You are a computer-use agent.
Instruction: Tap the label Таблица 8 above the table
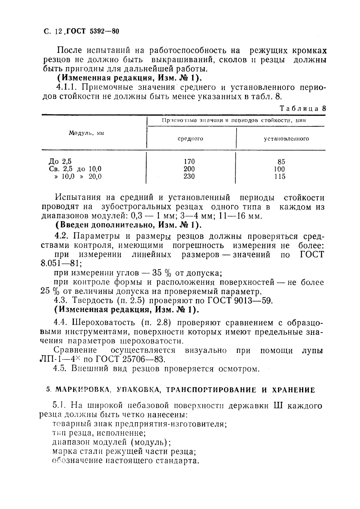[x=302, y=109]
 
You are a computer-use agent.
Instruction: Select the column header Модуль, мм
[x=86, y=133]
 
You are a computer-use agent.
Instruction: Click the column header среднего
[x=190, y=139]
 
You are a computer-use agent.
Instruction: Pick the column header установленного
[x=286, y=139]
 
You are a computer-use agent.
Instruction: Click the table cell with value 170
[x=189, y=162]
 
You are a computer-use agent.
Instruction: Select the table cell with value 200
[x=189, y=169]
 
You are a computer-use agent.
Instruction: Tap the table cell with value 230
[x=189, y=176]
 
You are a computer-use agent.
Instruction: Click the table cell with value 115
[x=279, y=176]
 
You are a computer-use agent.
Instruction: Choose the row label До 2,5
[x=60, y=162]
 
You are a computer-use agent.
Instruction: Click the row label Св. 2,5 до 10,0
[x=75, y=169]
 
